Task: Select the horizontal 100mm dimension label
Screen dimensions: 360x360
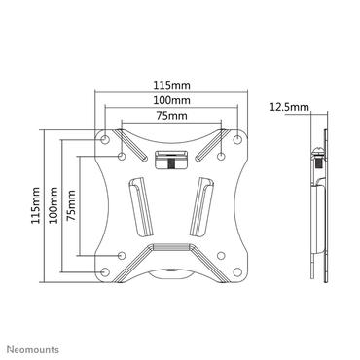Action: click(x=171, y=101)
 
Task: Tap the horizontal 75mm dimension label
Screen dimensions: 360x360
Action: click(x=171, y=116)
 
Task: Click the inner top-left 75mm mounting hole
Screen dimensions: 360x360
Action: click(x=121, y=155)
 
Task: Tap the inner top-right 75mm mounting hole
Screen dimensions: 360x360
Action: click(x=222, y=155)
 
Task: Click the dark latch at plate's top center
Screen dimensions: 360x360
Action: click(x=171, y=159)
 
